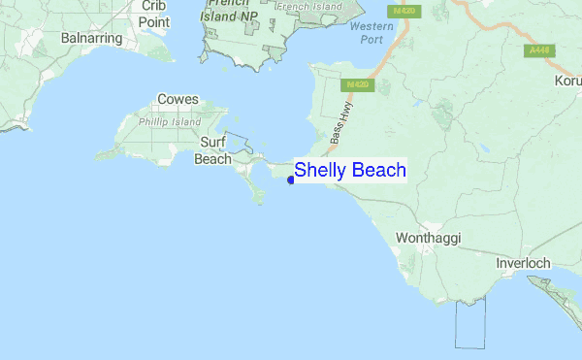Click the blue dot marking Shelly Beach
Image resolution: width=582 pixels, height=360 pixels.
[x=291, y=179]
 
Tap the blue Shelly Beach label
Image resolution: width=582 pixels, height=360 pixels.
[x=350, y=170]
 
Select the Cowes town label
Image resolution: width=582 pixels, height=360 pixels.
[x=178, y=100]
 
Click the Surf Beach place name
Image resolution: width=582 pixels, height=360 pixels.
[x=213, y=150]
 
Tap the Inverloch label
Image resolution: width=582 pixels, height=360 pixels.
[x=523, y=263]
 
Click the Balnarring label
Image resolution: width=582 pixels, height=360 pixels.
[x=90, y=38]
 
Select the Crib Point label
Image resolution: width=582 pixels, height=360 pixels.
[x=153, y=14]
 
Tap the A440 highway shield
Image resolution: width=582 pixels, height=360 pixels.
[x=538, y=49]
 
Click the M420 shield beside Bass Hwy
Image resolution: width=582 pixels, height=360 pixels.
[x=356, y=85]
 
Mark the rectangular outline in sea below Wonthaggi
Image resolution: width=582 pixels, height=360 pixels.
[x=469, y=322]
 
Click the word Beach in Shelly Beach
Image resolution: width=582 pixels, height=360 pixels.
[x=379, y=170]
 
